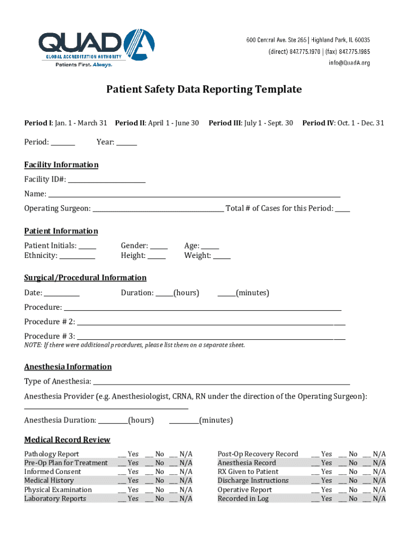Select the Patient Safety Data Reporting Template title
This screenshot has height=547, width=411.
(203, 89)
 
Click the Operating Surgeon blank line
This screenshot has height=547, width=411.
(158, 209)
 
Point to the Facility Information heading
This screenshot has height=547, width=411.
(61, 165)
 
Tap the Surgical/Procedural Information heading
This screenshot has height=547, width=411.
(85, 278)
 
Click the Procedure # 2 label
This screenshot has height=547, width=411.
(50, 322)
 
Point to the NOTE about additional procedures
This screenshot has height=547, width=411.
(135, 345)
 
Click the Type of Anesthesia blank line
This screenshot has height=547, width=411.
(222, 382)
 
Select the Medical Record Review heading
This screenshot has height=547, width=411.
(67, 440)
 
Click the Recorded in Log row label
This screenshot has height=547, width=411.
(243, 499)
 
